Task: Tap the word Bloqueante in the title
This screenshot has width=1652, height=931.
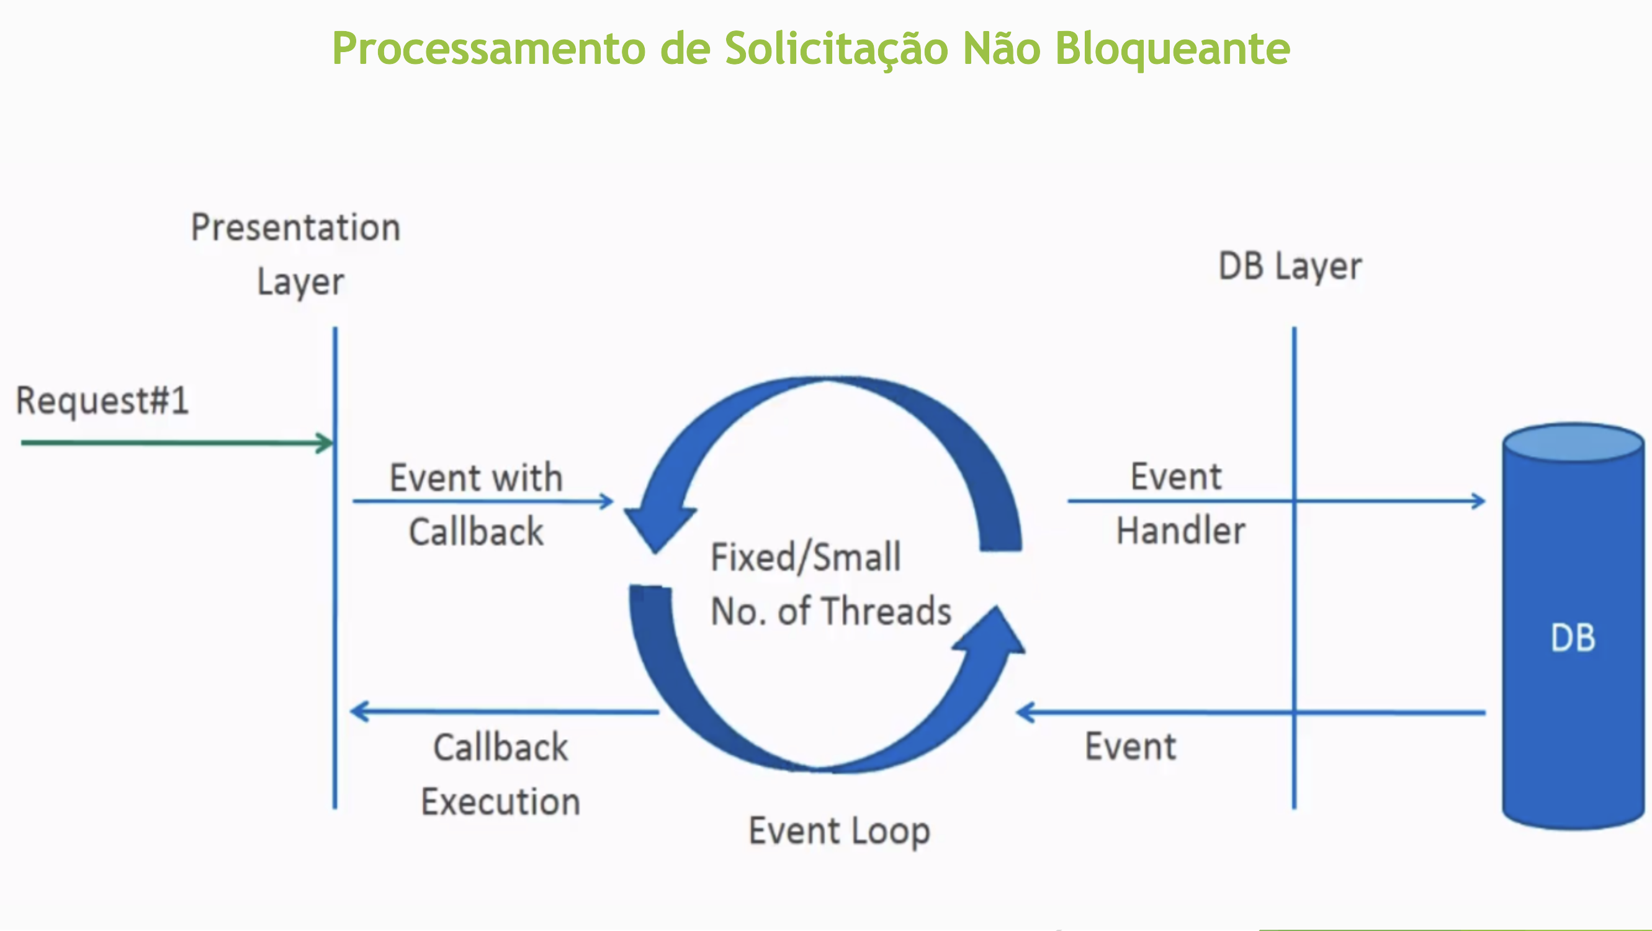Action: click(1172, 49)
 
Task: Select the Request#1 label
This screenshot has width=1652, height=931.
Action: click(102, 401)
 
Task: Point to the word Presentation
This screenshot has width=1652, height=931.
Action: click(295, 228)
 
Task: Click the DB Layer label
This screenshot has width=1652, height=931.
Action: click(1290, 266)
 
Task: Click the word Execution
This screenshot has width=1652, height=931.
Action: click(500, 802)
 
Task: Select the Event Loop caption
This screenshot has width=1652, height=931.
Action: click(839, 831)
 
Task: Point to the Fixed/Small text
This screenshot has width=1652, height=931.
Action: click(806, 557)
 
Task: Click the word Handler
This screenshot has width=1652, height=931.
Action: click(1180, 531)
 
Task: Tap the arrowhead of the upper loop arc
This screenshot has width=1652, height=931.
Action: click(659, 526)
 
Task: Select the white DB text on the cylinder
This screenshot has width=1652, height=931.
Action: click(1573, 638)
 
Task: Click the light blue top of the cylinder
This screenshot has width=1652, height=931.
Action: click(1573, 442)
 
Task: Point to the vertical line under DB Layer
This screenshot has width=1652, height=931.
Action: click(1294, 609)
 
